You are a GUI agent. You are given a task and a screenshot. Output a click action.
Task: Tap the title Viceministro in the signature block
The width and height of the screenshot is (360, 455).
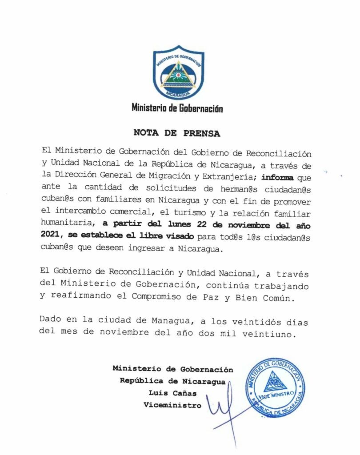pos(172,405)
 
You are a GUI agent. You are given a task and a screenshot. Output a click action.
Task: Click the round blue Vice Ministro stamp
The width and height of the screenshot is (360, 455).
pos(276,387)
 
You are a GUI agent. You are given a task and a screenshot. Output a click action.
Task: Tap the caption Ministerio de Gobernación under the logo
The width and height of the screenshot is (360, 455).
pos(177,108)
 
